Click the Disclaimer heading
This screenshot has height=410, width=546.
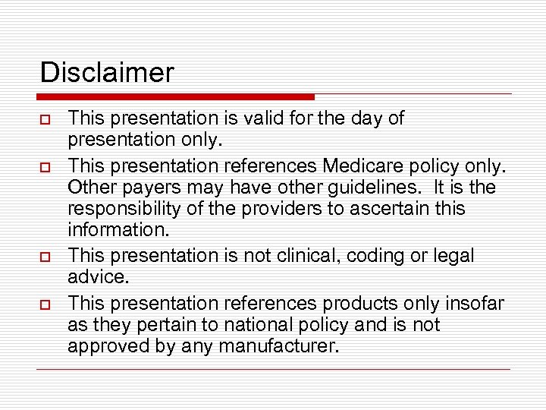[107, 73]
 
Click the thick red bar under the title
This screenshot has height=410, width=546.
[175, 97]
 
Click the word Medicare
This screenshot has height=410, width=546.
[362, 165]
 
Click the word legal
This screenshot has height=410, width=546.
[454, 257]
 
